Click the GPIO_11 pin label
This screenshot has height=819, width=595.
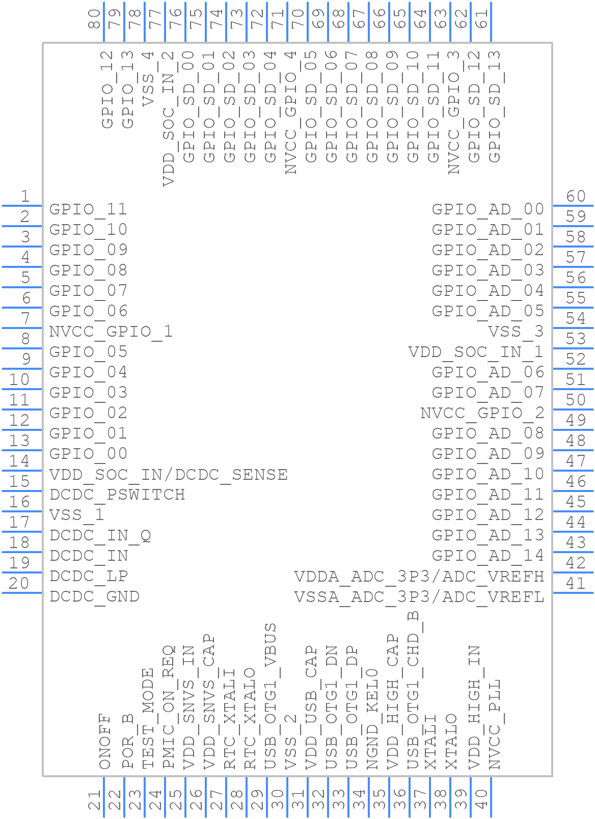click(x=88, y=209)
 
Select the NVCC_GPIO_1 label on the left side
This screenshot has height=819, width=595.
click(x=111, y=332)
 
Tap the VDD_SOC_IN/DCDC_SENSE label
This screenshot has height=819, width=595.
click(x=168, y=474)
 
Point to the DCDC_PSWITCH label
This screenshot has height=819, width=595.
click(x=117, y=495)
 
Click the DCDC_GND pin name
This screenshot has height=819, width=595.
click(x=95, y=596)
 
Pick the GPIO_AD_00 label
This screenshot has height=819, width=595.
click(x=488, y=209)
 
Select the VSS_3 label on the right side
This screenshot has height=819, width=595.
click(x=516, y=332)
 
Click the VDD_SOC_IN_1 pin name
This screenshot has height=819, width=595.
click(x=476, y=352)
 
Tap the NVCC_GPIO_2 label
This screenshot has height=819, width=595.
click(x=482, y=413)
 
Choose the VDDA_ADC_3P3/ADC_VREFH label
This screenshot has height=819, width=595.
click(x=419, y=576)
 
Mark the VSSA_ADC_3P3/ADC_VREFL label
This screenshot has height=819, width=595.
click(x=419, y=596)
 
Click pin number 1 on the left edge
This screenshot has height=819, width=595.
click(x=24, y=196)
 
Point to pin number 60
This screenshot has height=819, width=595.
click(x=576, y=196)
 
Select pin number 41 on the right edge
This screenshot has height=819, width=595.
click(x=576, y=583)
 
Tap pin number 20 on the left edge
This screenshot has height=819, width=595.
click(x=19, y=583)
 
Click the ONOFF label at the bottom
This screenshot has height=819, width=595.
click(x=105, y=741)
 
